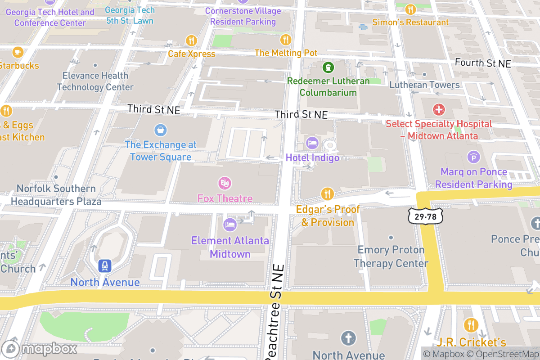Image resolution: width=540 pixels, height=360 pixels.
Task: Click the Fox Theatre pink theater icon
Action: pyautogui.click(x=225, y=183)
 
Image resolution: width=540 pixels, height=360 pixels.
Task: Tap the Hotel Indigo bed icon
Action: pyautogui.click(x=312, y=144)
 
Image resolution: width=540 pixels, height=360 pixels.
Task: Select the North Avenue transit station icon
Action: pyautogui.click(x=105, y=266)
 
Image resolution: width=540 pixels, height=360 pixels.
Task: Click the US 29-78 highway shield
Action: pyautogui.click(x=426, y=217)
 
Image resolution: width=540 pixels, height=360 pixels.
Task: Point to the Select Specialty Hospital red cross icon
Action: pyautogui.click(x=438, y=109)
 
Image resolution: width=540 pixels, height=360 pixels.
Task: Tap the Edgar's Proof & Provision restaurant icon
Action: pyautogui.click(x=327, y=194)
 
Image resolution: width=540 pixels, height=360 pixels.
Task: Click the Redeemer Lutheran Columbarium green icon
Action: pyautogui.click(x=328, y=67)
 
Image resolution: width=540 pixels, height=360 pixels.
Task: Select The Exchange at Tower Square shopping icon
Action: pyautogui.click(x=160, y=130)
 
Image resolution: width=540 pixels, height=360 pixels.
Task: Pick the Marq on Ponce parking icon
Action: pyautogui.click(x=473, y=157)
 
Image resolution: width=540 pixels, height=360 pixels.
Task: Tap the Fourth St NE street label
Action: pyautogui.click(x=483, y=63)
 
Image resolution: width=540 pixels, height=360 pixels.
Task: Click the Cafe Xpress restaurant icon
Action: pyautogui.click(x=192, y=40)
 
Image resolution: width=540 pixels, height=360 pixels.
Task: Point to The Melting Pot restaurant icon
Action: pyautogui.click(x=285, y=40)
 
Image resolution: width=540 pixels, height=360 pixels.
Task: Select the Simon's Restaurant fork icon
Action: pyautogui.click(x=410, y=9)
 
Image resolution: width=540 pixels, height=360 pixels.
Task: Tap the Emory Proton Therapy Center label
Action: pyautogui.click(x=391, y=256)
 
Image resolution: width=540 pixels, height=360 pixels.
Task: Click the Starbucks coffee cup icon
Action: pyautogui.click(x=18, y=52)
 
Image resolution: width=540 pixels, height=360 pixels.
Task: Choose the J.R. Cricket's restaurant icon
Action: pyautogui.click(x=471, y=324)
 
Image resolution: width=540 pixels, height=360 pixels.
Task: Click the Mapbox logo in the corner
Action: pyautogui.click(x=40, y=349)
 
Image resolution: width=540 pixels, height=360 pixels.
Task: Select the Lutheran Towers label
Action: pyautogui.click(x=424, y=85)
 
